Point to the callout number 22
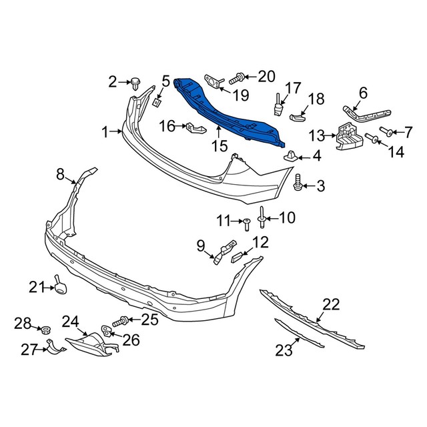[x=332, y=305]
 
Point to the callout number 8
[x=60, y=175]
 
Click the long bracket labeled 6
[x=356, y=112]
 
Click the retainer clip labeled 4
[x=291, y=157]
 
